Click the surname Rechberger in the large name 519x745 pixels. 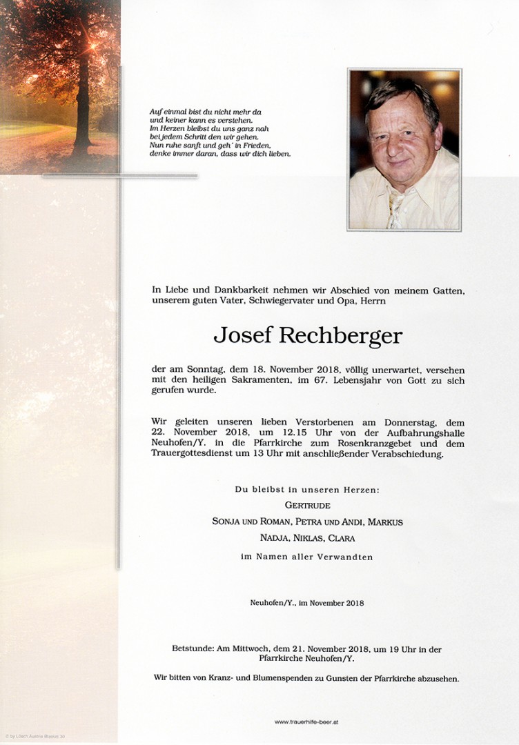[340, 336]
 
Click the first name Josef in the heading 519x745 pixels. [243, 336]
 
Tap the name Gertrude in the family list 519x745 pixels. [307, 506]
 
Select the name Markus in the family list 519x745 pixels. [386, 522]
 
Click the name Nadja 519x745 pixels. [275, 539]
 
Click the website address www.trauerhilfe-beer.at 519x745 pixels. [306, 722]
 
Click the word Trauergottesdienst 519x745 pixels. [201, 455]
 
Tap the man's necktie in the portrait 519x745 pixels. [396, 210]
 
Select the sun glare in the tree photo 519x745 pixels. [93, 46]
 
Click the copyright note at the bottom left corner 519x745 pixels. [37, 737]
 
